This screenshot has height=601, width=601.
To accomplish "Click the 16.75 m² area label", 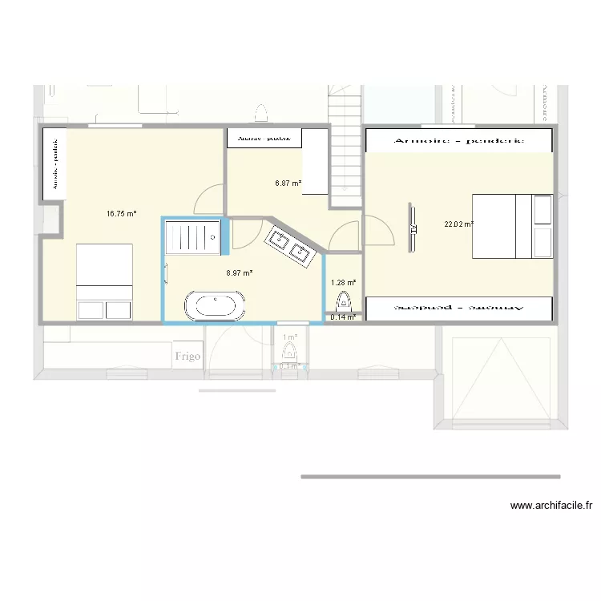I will (x=121, y=214).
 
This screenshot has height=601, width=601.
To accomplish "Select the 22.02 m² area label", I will (x=458, y=224).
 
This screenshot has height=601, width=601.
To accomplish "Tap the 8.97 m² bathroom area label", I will (x=240, y=272).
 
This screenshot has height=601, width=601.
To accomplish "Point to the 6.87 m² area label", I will (x=288, y=184).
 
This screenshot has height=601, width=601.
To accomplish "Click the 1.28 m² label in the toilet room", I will (x=343, y=282).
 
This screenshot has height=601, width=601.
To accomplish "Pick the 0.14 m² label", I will (x=343, y=317).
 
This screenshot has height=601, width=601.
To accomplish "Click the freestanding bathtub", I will (x=212, y=306).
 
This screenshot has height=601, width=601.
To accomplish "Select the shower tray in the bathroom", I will (x=192, y=238).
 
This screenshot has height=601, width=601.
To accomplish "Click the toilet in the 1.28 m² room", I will (x=344, y=302).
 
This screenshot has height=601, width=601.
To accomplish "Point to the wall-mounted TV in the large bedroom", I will (x=413, y=228).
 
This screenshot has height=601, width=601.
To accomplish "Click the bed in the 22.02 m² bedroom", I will (x=512, y=226).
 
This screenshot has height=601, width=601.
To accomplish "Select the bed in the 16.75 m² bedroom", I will (x=104, y=282).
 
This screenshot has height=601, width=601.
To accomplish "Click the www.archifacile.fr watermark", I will (x=551, y=506).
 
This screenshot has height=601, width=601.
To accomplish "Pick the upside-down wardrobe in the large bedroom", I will (x=459, y=308).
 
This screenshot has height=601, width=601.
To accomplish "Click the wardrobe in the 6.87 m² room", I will (x=265, y=138).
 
